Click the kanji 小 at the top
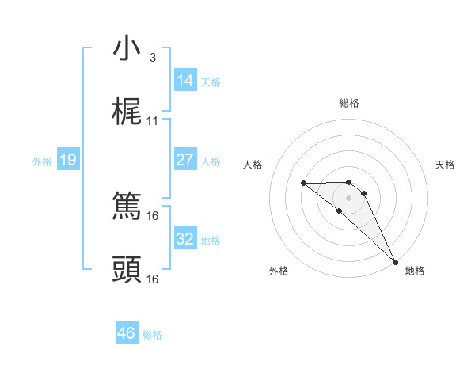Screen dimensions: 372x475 pyautogui.click(x=127, y=48)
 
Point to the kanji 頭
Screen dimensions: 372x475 pyautogui.click(x=127, y=270)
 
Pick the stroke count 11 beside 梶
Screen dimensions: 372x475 pyautogui.click(x=153, y=121)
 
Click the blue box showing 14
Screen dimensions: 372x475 pyautogui.click(x=184, y=81)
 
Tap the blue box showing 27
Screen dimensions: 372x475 pyautogui.click(x=184, y=160)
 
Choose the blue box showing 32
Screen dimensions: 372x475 pyautogui.click(x=184, y=239)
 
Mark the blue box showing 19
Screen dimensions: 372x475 pyautogui.click(x=68, y=160)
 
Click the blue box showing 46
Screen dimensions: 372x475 pyautogui.click(x=127, y=333)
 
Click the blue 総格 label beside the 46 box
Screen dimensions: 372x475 pyautogui.click(x=152, y=335)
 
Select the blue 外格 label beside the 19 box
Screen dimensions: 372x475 pyautogui.click(x=42, y=161)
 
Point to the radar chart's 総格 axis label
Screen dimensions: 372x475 pyautogui.click(x=349, y=103)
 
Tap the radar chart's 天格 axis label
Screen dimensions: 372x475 pyautogui.click(x=445, y=165)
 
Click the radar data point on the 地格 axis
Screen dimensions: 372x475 pyautogui.click(x=394, y=261)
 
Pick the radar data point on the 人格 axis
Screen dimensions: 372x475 pyautogui.click(x=303, y=183)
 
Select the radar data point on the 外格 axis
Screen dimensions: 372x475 pyautogui.click(x=339, y=211)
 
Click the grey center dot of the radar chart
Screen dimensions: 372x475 pyautogui.click(x=349, y=196)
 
